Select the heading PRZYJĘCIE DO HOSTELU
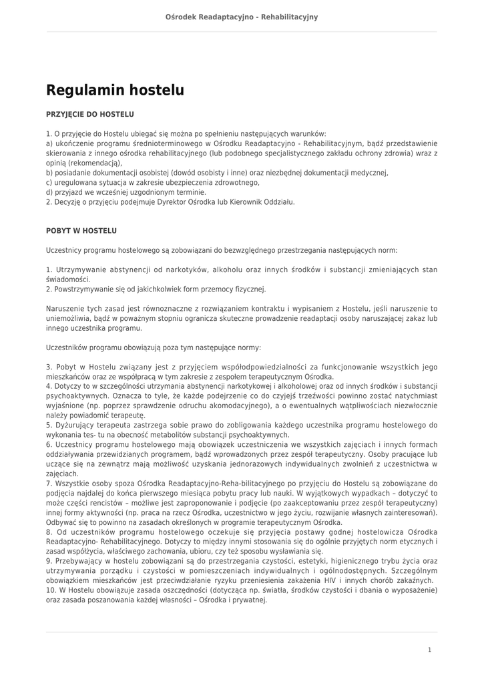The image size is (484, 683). coord(89,115)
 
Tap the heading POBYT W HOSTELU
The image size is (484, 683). coord(81,231)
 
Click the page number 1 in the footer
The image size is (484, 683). coord(429,649)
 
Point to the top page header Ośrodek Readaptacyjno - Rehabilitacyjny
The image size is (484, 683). coord(242,16)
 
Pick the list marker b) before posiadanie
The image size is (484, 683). coord(49,173)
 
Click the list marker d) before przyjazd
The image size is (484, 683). coord(49,192)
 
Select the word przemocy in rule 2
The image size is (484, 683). coord(211,289)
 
